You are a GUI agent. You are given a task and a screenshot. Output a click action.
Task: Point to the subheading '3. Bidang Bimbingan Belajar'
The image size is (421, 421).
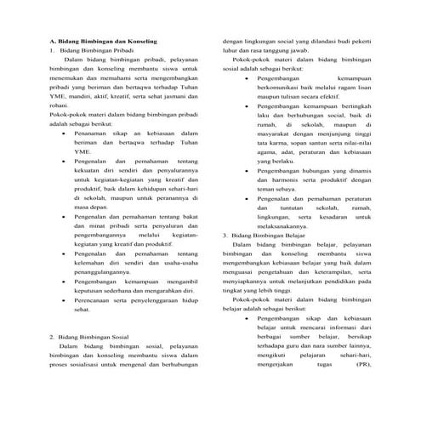[263, 234]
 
